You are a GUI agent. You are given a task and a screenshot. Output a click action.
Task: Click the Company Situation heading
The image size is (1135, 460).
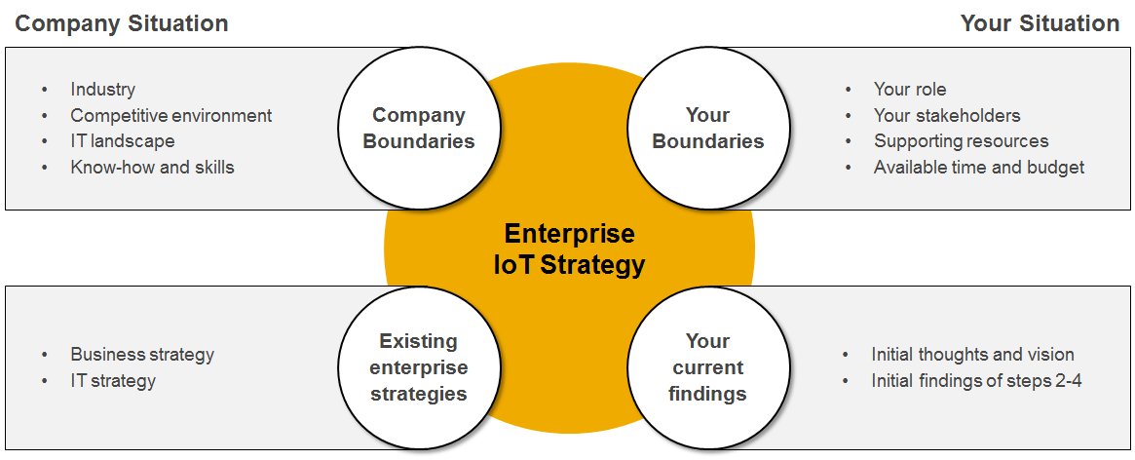(x=122, y=23)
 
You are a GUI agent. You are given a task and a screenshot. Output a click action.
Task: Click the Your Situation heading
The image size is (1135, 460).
(x=1040, y=23)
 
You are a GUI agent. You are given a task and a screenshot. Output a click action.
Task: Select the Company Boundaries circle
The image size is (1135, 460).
(x=418, y=128)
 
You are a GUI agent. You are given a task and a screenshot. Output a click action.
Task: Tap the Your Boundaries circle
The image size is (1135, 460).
(x=707, y=128)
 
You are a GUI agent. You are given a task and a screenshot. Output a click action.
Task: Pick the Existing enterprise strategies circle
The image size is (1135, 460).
(x=418, y=367)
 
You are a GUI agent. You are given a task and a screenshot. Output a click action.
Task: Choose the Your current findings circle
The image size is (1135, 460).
(x=707, y=367)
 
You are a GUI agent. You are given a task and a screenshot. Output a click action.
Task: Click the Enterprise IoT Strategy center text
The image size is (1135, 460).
(x=569, y=249)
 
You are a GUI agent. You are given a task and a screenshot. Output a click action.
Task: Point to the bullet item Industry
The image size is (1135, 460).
(x=102, y=90)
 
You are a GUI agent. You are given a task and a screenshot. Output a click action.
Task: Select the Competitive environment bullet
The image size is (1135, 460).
(x=170, y=115)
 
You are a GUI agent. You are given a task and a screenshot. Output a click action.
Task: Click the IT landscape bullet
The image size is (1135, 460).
(x=122, y=141)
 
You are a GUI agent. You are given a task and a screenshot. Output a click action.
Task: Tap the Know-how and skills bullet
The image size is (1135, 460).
(x=152, y=167)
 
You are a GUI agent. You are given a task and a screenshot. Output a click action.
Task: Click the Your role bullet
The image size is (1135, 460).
(x=910, y=90)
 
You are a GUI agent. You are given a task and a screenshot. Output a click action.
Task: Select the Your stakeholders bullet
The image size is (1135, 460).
(x=947, y=115)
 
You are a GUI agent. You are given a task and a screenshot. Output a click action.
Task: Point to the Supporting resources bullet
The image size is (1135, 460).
(x=961, y=141)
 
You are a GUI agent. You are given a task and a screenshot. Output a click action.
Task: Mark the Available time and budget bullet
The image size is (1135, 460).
(x=978, y=167)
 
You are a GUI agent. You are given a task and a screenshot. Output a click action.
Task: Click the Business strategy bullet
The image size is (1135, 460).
(x=142, y=355)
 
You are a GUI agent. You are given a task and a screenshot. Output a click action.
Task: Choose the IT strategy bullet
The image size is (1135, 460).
(x=112, y=380)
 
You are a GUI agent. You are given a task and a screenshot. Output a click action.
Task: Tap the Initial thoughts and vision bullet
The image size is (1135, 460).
(x=972, y=355)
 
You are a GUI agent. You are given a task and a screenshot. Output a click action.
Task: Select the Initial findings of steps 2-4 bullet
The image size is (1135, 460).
(x=976, y=380)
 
